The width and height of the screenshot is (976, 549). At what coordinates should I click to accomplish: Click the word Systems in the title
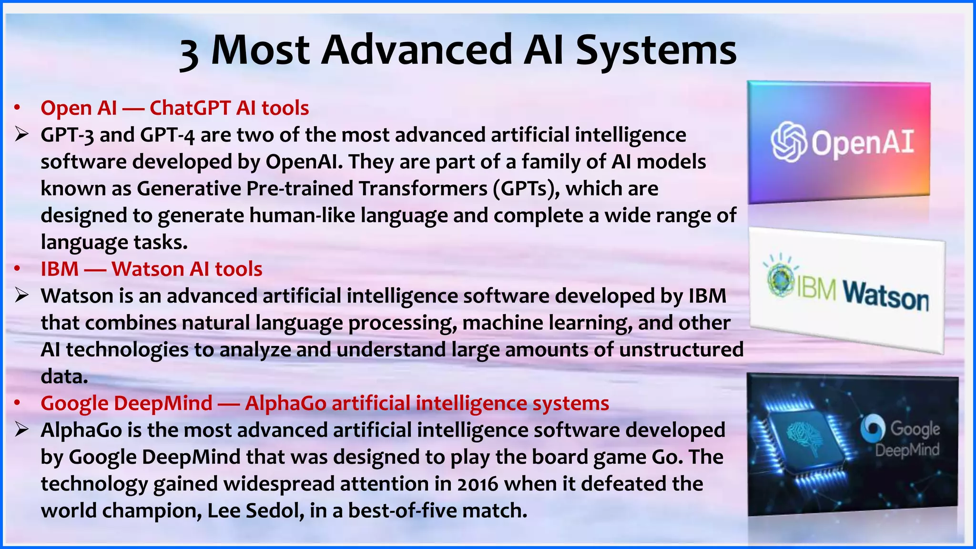(656, 51)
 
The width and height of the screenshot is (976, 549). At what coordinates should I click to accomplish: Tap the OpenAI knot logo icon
(789, 142)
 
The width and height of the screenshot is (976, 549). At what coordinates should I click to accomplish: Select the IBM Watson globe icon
(780, 280)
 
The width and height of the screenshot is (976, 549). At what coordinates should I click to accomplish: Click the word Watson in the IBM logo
(886, 296)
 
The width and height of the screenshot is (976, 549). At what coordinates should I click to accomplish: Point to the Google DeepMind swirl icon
(873, 428)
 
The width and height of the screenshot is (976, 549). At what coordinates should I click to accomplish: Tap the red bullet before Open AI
(17, 108)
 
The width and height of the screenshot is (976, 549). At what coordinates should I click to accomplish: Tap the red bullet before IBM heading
(17, 269)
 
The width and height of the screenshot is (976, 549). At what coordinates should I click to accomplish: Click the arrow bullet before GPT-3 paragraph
(22, 135)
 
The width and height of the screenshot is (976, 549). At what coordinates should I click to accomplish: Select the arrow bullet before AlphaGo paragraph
(22, 430)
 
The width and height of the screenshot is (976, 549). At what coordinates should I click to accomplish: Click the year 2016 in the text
(478, 484)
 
